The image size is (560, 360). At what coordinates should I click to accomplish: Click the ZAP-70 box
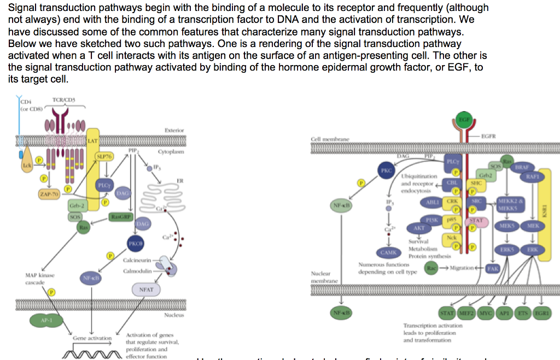click(x=49, y=194)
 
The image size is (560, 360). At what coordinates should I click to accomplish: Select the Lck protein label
click(x=25, y=164)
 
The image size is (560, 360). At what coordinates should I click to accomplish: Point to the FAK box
click(x=493, y=269)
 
